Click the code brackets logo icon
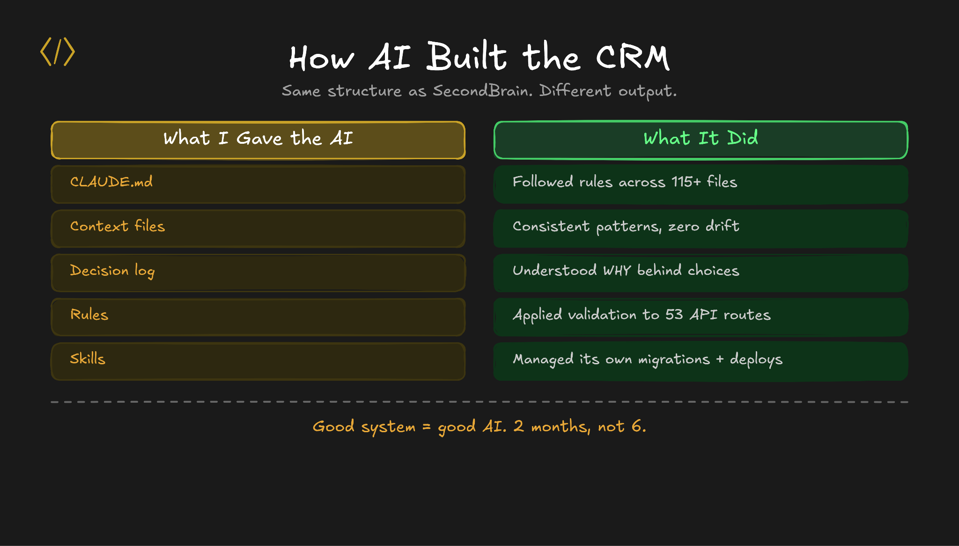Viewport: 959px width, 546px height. pyautogui.click(x=58, y=52)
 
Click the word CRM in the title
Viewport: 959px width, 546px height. pyautogui.click(x=633, y=58)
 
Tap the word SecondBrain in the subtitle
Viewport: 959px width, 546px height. pyautogui.click(x=482, y=90)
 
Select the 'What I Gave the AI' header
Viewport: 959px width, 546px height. pyautogui.click(x=258, y=139)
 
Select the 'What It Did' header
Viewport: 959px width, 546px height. pyautogui.click(x=701, y=139)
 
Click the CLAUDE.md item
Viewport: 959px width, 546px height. pyautogui.click(x=111, y=182)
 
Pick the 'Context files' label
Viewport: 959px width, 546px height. pyautogui.click(x=118, y=227)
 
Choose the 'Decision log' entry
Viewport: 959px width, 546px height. pyautogui.click(x=112, y=271)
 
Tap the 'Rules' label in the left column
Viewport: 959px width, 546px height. pyautogui.click(x=89, y=315)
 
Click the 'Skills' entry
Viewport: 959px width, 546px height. pyautogui.click(x=88, y=359)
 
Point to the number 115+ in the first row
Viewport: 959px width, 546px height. pyautogui.click(x=686, y=182)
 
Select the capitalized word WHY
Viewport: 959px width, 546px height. pyautogui.click(x=617, y=271)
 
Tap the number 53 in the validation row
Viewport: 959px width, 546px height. pyautogui.click(x=674, y=315)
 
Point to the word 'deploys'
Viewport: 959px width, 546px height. pyautogui.click(x=756, y=360)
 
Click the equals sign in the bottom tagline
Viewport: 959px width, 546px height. pyautogui.click(x=426, y=427)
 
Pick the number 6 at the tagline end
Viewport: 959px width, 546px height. pyautogui.click(x=636, y=426)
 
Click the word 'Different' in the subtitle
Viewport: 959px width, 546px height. pyautogui.click(x=575, y=90)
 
